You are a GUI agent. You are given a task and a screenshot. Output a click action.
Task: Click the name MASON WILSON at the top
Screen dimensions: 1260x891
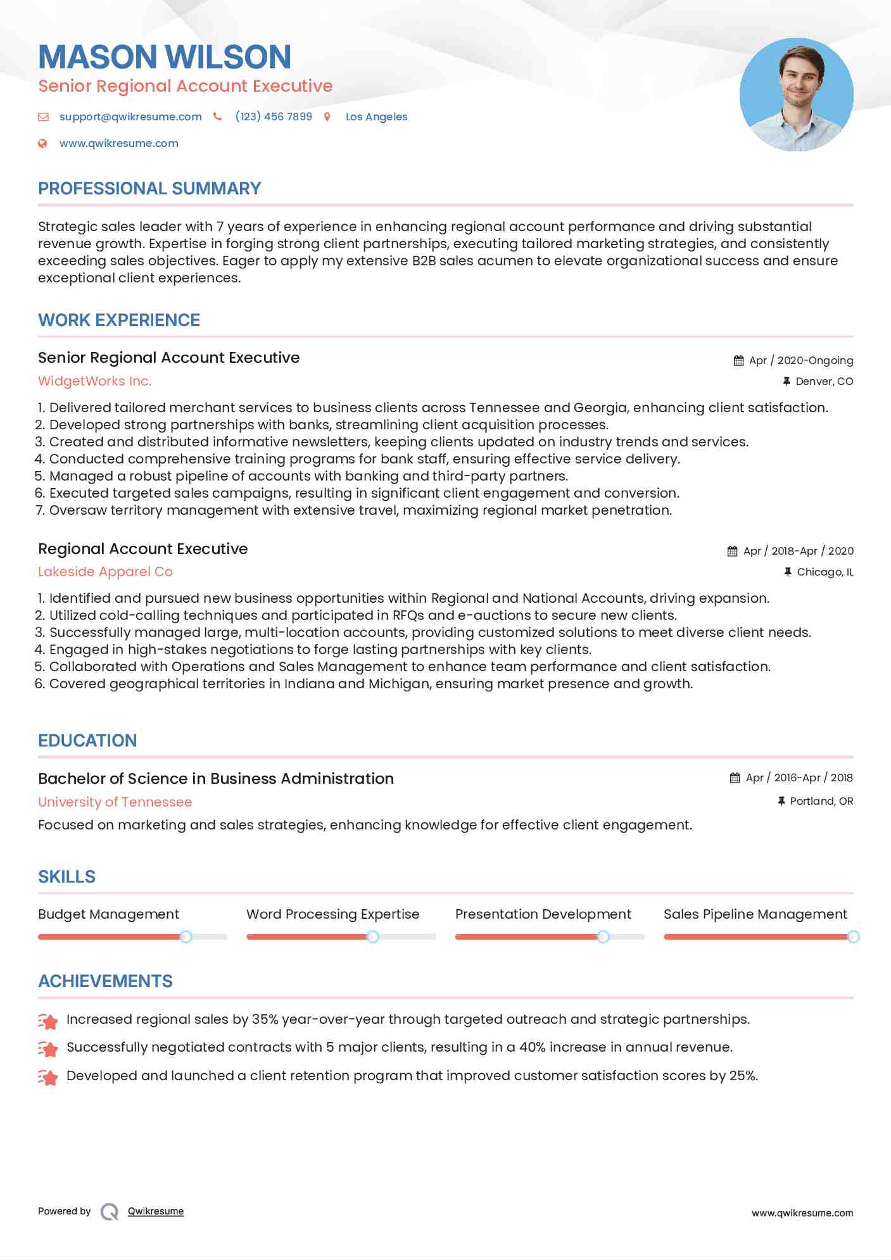(x=165, y=57)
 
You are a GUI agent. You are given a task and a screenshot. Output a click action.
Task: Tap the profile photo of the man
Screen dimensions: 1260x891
(x=796, y=95)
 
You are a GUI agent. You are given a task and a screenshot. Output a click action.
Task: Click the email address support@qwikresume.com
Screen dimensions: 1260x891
(x=130, y=117)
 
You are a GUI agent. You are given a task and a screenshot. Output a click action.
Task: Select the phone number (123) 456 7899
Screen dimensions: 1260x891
(x=274, y=117)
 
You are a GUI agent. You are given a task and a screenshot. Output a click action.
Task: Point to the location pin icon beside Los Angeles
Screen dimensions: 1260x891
(x=327, y=117)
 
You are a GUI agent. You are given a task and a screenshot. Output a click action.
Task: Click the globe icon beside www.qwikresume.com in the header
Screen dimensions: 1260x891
(x=42, y=143)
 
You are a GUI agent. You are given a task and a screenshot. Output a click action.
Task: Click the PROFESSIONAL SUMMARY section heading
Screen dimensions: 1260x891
(x=149, y=189)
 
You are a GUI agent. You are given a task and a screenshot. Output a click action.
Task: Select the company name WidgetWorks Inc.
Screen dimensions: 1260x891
(x=95, y=381)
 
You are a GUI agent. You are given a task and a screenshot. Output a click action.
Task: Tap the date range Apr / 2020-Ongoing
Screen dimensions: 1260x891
(x=800, y=360)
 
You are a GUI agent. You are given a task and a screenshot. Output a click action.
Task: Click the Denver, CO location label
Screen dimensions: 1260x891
(x=824, y=381)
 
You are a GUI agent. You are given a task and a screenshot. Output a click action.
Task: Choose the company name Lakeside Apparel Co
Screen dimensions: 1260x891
(x=105, y=572)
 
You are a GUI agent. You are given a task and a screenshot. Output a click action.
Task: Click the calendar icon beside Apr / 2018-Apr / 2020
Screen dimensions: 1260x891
(x=732, y=551)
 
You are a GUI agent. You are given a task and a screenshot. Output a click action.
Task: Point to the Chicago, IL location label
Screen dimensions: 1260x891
(x=825, y=572)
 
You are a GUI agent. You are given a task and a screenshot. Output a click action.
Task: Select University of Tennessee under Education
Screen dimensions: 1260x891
(x=115, y=802)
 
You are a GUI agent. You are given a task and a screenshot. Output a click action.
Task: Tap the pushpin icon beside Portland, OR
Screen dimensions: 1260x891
(x=781, y=801)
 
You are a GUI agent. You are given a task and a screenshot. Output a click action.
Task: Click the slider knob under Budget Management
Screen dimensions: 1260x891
(x=186, y=936)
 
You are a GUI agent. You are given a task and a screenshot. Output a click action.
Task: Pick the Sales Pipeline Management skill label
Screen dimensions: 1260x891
(x=755, y=914)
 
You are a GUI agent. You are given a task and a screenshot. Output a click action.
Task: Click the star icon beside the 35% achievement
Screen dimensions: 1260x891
(x=48, y=1021)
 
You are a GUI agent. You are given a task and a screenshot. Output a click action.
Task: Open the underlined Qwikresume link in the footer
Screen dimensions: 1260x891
(x=156, y=1211)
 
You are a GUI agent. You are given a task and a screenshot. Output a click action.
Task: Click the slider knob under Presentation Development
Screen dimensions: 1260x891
(x=603, y=936)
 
